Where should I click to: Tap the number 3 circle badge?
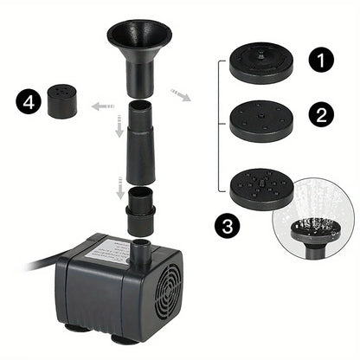pos(228,228)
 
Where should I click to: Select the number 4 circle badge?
pos(27,102)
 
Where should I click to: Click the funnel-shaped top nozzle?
pos(139,48)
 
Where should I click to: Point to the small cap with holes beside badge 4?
pos(59,103)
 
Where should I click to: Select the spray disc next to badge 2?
pos(262,119)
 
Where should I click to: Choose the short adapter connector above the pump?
pos(139,213)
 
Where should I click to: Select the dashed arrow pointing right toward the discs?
pos(181,93)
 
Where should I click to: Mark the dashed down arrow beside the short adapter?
pos(119,187)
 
